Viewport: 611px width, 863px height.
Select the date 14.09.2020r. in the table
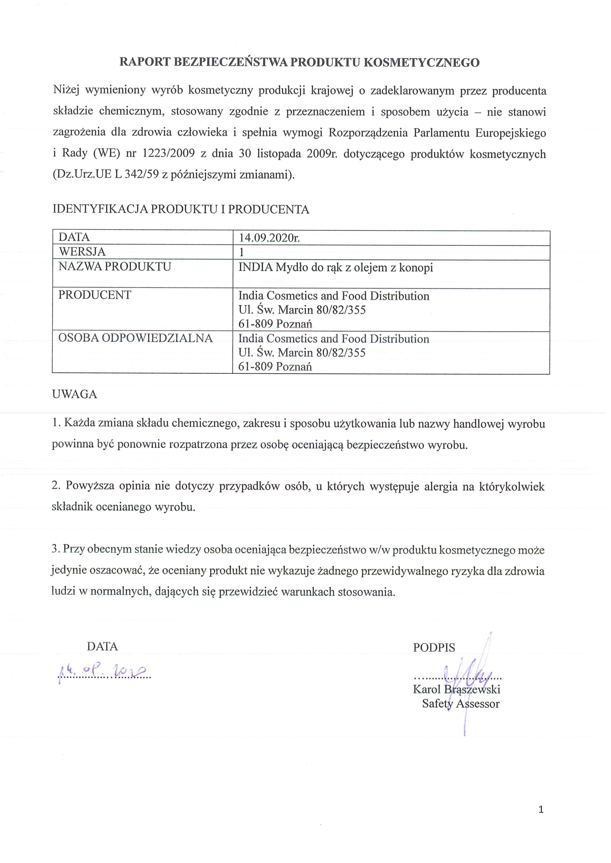[x=269, y=238]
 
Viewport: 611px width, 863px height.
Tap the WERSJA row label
[x=82, y=252]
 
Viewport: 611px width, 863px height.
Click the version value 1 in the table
[x=242, y=252]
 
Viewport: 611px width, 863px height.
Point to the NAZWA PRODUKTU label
[x=115, y=266]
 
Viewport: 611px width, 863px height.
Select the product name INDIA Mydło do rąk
[x=335, y=267]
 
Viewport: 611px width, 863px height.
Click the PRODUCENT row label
[x=95, y=295]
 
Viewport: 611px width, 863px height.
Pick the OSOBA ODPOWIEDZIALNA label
[x=136, y=338]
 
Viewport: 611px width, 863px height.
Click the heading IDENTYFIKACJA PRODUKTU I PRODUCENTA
[x=181, y=209]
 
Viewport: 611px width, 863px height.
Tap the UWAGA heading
[x=75, y=394]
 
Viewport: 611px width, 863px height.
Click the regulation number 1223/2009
[x=168, y=154]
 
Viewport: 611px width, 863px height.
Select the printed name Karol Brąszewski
[x=456, y=689]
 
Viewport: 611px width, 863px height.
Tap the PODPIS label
[x=434, y=648]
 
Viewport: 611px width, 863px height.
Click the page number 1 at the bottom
[x=541, y=809]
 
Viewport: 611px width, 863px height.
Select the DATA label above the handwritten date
[x=102, y=646]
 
